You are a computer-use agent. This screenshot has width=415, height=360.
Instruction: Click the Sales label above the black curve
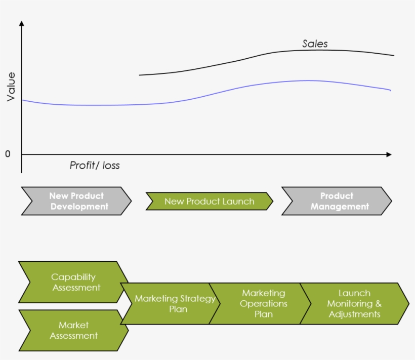pos(315,44)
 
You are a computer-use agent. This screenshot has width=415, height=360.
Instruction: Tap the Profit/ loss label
pos(95,166)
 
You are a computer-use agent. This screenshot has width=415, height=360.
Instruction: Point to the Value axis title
pos(11,87)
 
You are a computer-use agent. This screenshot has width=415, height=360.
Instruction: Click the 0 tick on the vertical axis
pos(8,154)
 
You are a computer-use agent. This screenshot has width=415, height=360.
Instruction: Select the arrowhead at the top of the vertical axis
pos(21,23)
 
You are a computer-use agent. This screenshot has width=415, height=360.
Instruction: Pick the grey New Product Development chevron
pos(76,201)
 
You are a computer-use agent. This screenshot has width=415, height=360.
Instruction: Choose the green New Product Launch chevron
pos(209,201)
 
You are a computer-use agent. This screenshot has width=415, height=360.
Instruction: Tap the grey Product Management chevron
pos(337,201)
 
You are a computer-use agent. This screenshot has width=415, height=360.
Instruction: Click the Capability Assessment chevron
pos(73,282)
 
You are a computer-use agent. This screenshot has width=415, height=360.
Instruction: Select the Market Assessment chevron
pos(73,330)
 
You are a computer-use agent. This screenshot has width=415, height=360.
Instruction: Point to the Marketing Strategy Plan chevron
pos(170,304)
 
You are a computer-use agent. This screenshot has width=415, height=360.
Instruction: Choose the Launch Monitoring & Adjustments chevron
pos(354,304)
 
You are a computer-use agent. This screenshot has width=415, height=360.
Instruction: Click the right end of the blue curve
pos(390,90)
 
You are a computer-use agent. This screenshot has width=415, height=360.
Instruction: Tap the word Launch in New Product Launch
pos(239,202)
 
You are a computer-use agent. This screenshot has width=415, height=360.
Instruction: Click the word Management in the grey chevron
pos(340,207)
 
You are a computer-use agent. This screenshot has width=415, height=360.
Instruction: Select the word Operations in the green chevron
pos(264,304)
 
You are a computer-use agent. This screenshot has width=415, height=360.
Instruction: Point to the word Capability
pos(73,277)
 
